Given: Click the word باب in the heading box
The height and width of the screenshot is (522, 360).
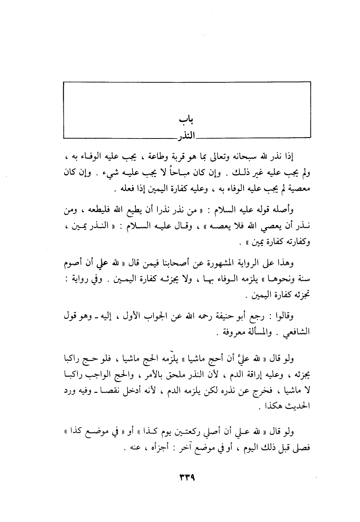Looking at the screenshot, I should pyautogui.click(x=187, y=119).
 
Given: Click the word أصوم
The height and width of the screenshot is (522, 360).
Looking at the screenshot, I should pyautogui.click(x=73, y=263).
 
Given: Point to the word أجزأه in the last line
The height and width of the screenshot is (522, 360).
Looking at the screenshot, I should pyautogui.click(x=154, y=448).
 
